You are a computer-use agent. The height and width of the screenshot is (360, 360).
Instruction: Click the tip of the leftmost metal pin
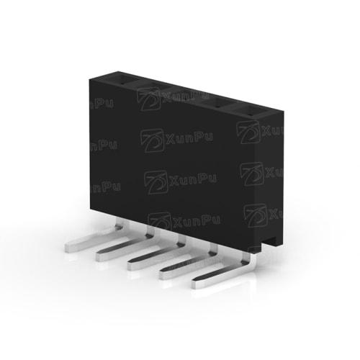66,247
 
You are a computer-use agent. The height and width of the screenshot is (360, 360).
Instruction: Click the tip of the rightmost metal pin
194,284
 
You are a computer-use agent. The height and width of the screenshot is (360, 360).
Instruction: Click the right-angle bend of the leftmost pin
121,228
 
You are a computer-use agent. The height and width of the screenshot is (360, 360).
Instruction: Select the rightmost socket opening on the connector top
247,112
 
